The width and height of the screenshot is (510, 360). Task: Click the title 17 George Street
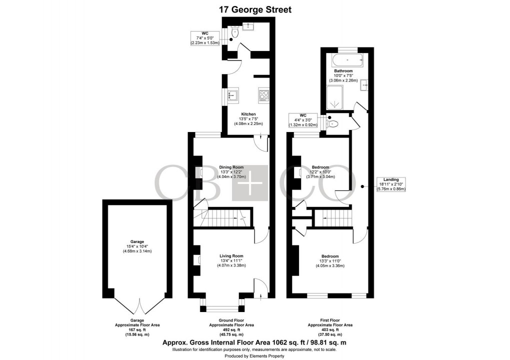pos(255,9)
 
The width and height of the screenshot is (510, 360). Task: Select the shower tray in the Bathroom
pos(336,97)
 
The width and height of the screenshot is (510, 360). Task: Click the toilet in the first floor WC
pos(332,123)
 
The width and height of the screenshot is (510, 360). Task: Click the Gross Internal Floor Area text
pos(255,342)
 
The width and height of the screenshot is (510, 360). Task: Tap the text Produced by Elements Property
pos(255,356)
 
